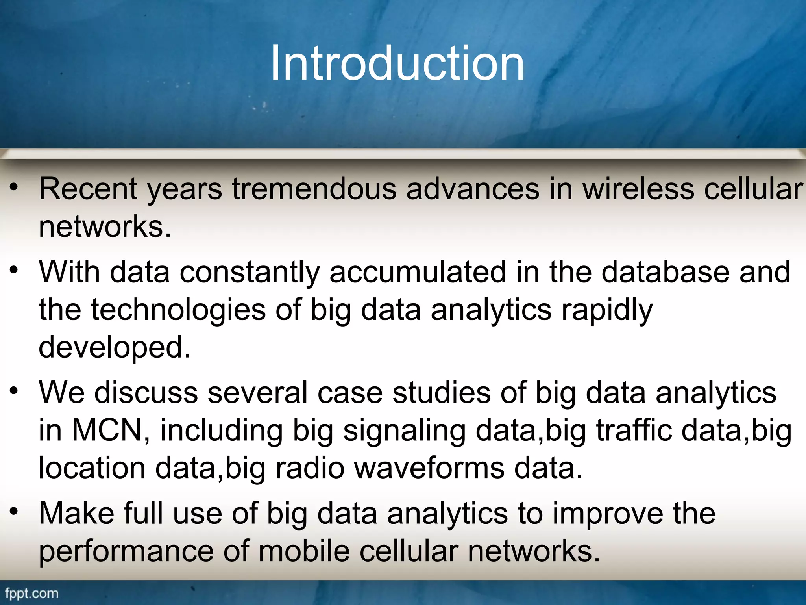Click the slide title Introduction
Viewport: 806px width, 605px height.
pos(397,63)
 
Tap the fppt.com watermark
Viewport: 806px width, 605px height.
pos(31,593)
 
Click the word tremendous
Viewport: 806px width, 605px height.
pos(314,189)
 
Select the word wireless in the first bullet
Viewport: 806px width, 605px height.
pos(638,189)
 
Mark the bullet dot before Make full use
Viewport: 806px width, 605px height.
pos(14,512)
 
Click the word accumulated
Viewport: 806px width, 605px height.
pos(418,272)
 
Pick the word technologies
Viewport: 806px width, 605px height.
pos(178,310)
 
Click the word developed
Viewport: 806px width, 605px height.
pos(114,347)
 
